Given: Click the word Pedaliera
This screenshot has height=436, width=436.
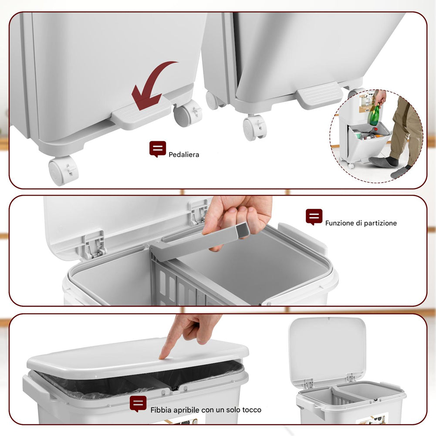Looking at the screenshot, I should click(x=184, y=154).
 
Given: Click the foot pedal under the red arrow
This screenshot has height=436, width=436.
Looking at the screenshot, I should click(x=142, y=113).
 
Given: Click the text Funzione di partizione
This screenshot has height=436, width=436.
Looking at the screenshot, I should click(x=361, y=223).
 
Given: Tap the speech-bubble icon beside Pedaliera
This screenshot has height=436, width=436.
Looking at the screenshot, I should click(x=157, y=149).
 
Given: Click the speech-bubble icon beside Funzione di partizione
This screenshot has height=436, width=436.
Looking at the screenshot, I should click(x=314, y=217).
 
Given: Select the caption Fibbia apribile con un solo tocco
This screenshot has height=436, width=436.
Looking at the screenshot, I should click(x=206, y=410).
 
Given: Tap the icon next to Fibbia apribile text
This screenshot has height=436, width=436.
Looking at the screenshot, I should click(x=138, y=404).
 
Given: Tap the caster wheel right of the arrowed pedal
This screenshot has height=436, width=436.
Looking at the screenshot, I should click(x=187, y=113).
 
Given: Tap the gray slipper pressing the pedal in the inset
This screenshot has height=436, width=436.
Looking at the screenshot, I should click(x=383, y=162).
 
